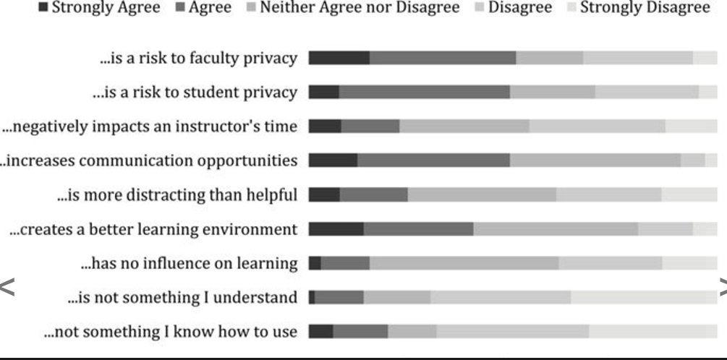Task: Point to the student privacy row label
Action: coord(195,93)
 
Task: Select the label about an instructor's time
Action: coord(150,127)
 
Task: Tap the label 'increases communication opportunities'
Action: coord(150,160)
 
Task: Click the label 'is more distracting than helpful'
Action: coord(177,195)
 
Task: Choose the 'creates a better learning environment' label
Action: coord(153,230)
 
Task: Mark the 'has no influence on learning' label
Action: coord(189,264)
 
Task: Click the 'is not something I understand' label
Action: coord(182,298)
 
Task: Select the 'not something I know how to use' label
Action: coord(171,332)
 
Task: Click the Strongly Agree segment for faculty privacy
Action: coord(339,58)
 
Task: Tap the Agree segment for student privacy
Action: coord(424,92)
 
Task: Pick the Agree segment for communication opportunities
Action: coord(433,160)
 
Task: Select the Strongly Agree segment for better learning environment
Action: coord(336,229)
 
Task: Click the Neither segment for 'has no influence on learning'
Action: coord(464,263)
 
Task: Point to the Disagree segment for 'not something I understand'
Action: coord(501,297)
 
